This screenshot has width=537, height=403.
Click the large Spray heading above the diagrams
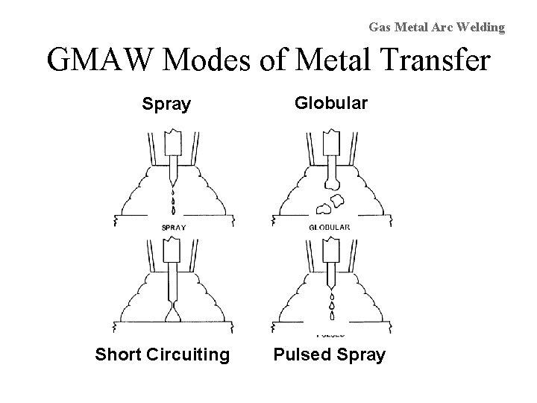click(166, 104)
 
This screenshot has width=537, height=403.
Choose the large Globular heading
click(330, 102)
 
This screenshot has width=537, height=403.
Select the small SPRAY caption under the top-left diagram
click(174, 227)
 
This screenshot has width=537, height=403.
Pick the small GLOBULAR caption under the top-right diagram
click(329, 227)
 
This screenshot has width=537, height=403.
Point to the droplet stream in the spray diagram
click(174, 200)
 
